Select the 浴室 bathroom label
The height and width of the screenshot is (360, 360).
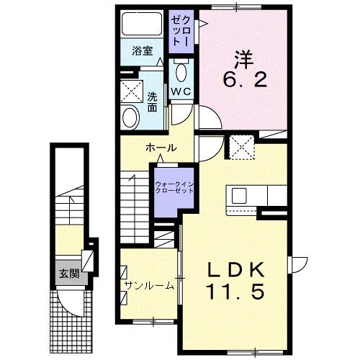(x=142, y=51)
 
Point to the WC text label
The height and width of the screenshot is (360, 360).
(x=180, y=92)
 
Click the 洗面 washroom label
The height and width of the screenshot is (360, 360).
(x=153, y=102)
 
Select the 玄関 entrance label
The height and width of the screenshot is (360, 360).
(x=69, y=274)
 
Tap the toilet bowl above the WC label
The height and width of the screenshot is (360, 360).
(x=181, y=72)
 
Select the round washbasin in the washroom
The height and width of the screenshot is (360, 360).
(x=131, y=116)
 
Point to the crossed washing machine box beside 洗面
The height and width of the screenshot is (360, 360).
(x=132, y=91)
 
